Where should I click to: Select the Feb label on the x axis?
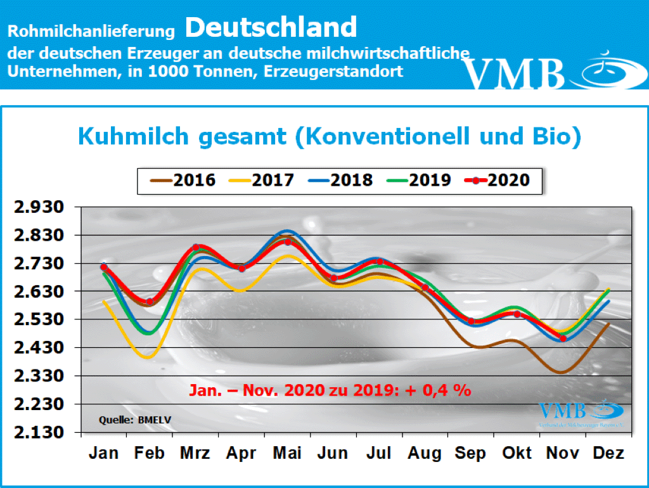[x=150, y=454]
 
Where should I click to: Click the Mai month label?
[x=287, y=454]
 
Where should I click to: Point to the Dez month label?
[x=608, y=454]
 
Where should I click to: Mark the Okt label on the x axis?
[x=517, y=454]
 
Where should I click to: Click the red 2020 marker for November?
[x=563, y=338]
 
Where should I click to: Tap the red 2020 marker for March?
[x=196, y=247]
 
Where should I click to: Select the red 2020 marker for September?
[x=471, y=321]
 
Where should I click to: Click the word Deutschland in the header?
[x=271, y=27]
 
